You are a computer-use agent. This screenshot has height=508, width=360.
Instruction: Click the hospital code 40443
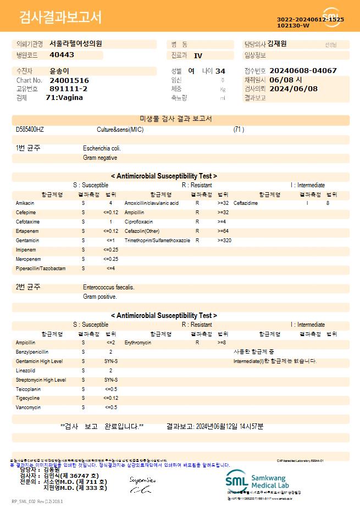[62, 55]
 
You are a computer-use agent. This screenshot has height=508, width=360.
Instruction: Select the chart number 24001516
[69, 80]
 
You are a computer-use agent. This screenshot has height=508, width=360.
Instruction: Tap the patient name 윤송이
[59, 71]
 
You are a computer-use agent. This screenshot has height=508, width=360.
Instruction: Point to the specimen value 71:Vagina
[64, 97]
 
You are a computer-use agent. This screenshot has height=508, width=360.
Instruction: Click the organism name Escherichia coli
[102, 148]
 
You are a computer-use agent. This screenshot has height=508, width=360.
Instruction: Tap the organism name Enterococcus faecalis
[109, 287]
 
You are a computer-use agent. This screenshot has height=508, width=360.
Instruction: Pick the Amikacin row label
[25, 203]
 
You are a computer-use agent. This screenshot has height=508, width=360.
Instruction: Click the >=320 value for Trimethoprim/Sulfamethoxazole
[224, 241]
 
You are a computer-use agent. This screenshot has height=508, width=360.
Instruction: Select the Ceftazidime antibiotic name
[246, 203]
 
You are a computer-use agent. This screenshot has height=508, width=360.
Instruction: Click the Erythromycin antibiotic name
[137, 342]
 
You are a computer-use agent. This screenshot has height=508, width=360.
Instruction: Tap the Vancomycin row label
[28, 407]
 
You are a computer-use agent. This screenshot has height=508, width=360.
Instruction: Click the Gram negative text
[100, 158]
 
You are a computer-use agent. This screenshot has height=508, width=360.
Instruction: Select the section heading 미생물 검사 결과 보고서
[180, 119]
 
